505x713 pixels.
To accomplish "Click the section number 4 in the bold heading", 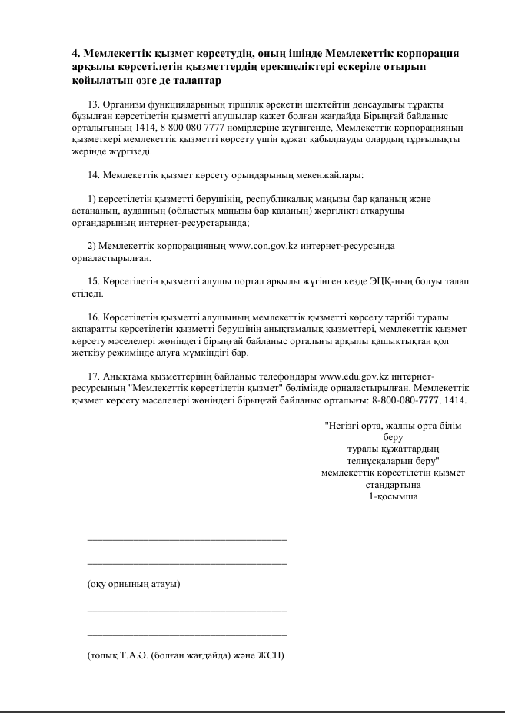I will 75,53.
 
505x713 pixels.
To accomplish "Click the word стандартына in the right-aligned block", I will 393,485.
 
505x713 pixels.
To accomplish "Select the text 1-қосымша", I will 393,496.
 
